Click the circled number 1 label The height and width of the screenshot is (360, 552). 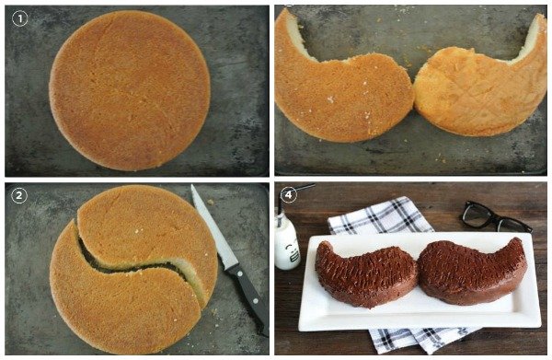[x=19, y=18]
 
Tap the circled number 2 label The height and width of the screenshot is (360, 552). [x=19, y=195]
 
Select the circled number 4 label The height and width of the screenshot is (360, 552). [x=288, y=194]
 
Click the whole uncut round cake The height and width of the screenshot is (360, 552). [x=130, y=90]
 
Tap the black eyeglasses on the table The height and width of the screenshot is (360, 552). [x=495, y=216]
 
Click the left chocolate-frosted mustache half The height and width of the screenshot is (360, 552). [x=364, y=273]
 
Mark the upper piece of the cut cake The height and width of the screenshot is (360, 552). [x=148, y=233]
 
